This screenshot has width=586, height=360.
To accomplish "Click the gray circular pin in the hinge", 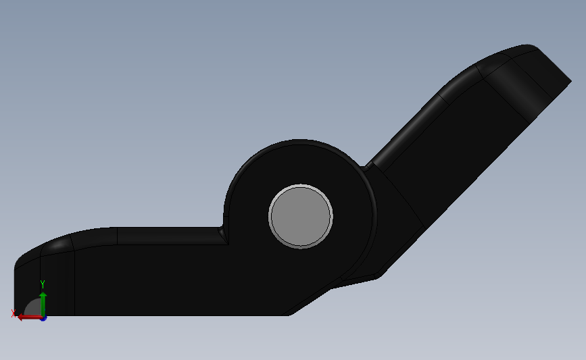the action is pos(301,216).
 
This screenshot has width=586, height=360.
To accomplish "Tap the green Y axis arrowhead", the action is pos(43,295).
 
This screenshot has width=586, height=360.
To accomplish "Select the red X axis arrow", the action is pos(30,317).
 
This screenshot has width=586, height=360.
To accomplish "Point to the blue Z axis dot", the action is pos(43,318).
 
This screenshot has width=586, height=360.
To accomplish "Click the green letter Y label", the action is pos(43,284).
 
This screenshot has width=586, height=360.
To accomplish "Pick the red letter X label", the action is pos(14,313).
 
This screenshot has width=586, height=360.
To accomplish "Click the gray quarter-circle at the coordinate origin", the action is pos(33,307).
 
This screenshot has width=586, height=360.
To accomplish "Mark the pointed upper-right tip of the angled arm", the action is pos(570,80).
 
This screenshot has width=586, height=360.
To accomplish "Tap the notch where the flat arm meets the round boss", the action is pos(223,234).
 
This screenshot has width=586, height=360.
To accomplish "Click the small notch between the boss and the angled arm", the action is pos(367,167).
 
